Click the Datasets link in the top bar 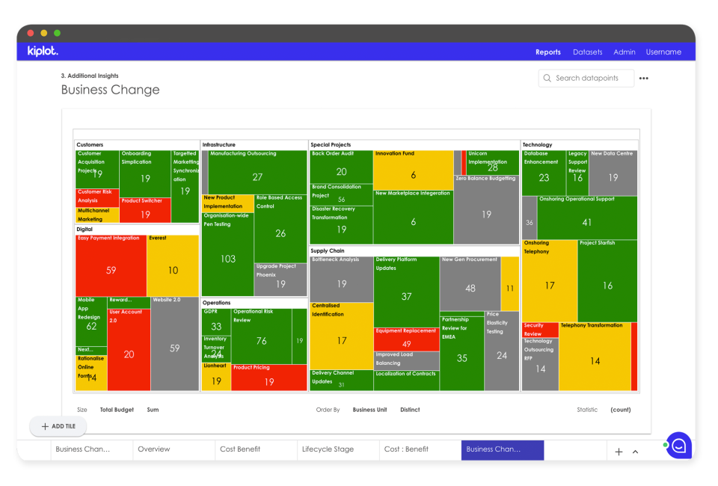coord(587,52)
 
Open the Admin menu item coord(624,52)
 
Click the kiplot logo coord(43,52)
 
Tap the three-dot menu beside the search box coord(644,79)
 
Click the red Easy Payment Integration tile coord(111,265)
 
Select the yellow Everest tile coord(173,265)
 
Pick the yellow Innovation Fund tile coord(413,170)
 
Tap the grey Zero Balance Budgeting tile coord(486,213)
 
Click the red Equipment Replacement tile coord(406,339)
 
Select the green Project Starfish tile coord(607,280)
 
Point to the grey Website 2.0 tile coord(174,343)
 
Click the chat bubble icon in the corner coord(679,446)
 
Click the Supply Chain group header coord(327,251)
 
